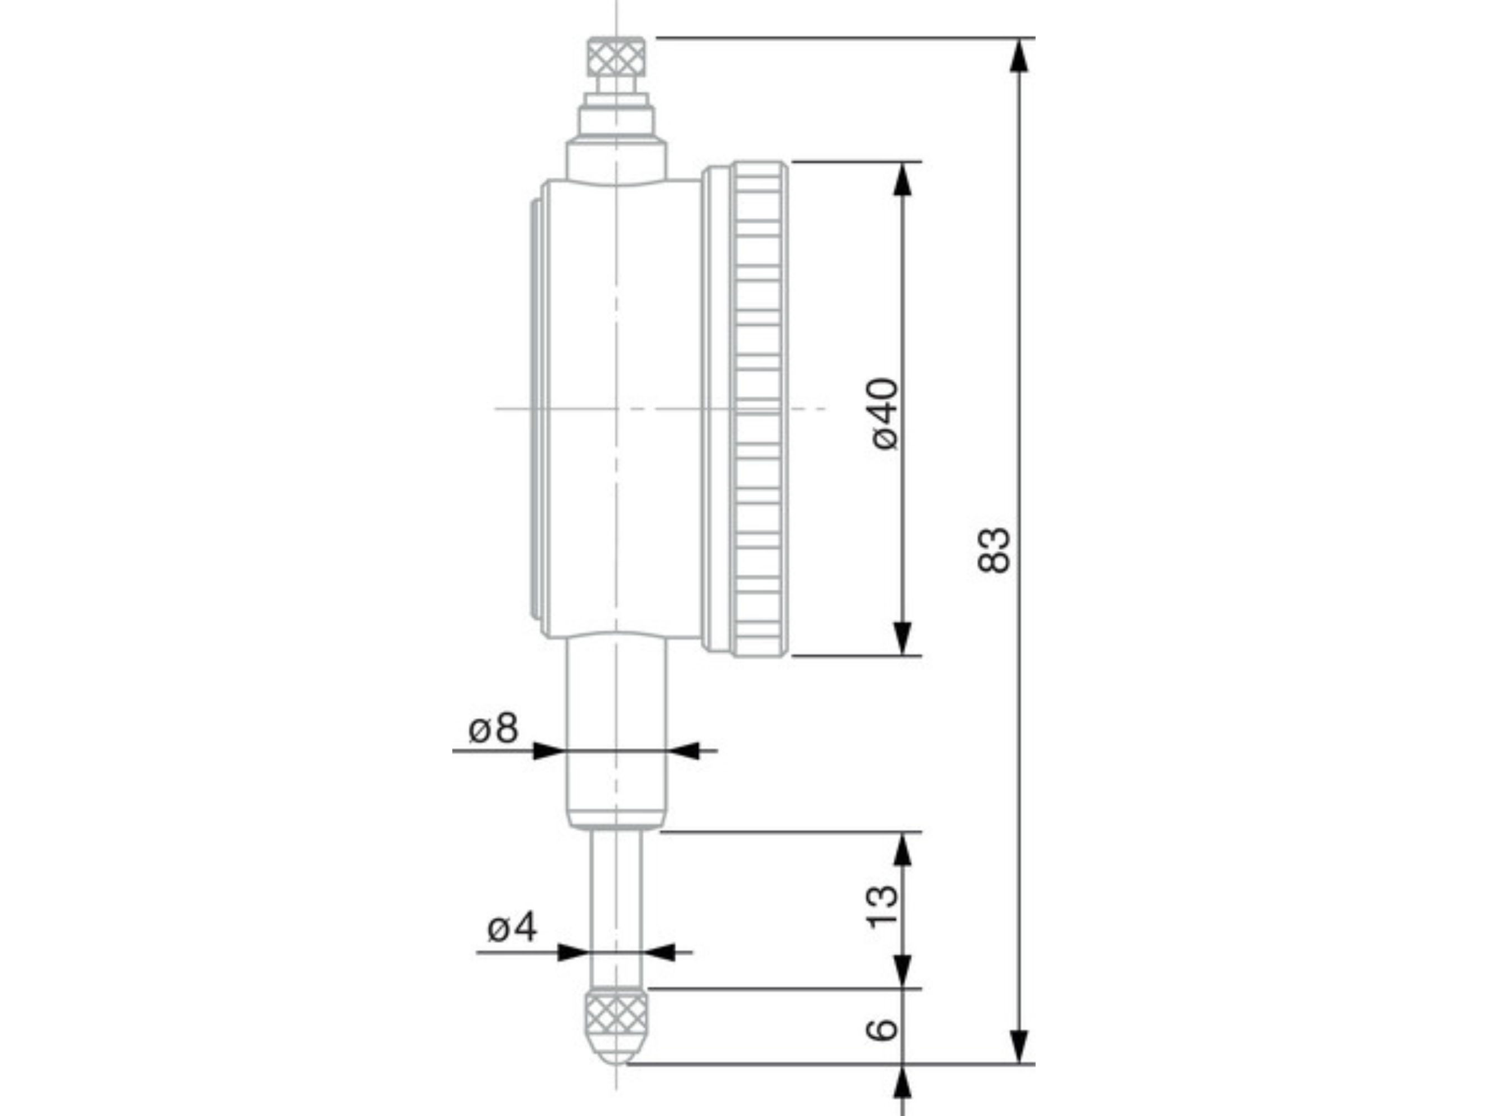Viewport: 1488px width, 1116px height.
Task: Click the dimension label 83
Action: [994, 550]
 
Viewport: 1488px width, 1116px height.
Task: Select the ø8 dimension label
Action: [493, 729]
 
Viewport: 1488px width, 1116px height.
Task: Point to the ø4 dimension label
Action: [512, 929]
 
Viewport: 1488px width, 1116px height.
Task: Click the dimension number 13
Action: [883, 906]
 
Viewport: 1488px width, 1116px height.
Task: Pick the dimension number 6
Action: [883, 1028]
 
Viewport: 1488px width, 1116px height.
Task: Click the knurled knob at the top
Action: [616, 57]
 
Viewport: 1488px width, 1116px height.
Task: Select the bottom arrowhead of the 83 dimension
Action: [1020, 1047]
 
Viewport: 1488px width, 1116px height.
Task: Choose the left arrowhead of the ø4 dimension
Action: [573, 953]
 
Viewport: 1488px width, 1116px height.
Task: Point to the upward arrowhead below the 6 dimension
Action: [902, 1084]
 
